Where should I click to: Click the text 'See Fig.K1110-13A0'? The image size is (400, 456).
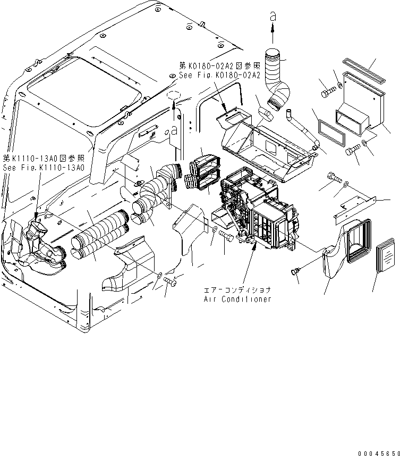[x=44, y=167]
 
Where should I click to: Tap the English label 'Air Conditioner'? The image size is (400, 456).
[x=237, y=299]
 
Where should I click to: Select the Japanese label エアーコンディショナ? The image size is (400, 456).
[x=237, y=291]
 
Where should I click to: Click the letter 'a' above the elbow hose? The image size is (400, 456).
[x=273, y=18]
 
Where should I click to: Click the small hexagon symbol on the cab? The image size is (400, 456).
[x=173, y=96]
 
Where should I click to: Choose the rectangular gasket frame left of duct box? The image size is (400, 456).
[x=331, y=132]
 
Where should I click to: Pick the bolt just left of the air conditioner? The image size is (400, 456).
[x=225, y=236]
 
